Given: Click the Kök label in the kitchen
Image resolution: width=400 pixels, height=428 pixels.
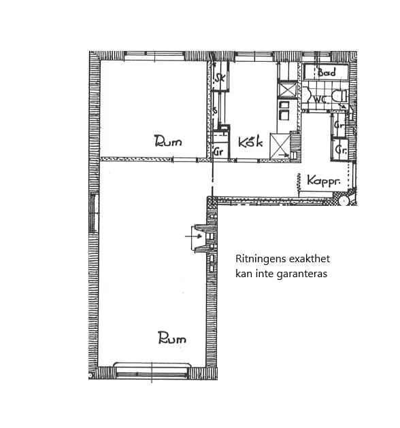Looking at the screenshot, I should point(251,142).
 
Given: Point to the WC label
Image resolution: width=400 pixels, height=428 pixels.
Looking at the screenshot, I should point(320,99).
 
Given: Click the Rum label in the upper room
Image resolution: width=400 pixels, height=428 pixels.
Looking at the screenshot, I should point(168,141).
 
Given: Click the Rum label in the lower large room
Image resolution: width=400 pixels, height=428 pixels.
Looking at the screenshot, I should point(171,338).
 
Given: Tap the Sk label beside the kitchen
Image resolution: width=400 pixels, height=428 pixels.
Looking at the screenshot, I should point(219,79).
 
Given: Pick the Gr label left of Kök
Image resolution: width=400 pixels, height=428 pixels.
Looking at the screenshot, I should point(218,151).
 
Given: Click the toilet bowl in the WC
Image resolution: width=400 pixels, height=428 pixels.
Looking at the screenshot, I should point(343,101).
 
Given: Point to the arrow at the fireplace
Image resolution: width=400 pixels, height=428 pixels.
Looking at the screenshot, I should point(189,237).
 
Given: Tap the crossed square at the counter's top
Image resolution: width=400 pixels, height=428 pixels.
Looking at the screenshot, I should point(286,90).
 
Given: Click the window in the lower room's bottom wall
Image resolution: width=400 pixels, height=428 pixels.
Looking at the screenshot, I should point(154,371).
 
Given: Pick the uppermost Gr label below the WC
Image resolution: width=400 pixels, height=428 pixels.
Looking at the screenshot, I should point(338,125).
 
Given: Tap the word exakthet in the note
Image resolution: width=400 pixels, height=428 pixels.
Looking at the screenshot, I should point(310,259).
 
